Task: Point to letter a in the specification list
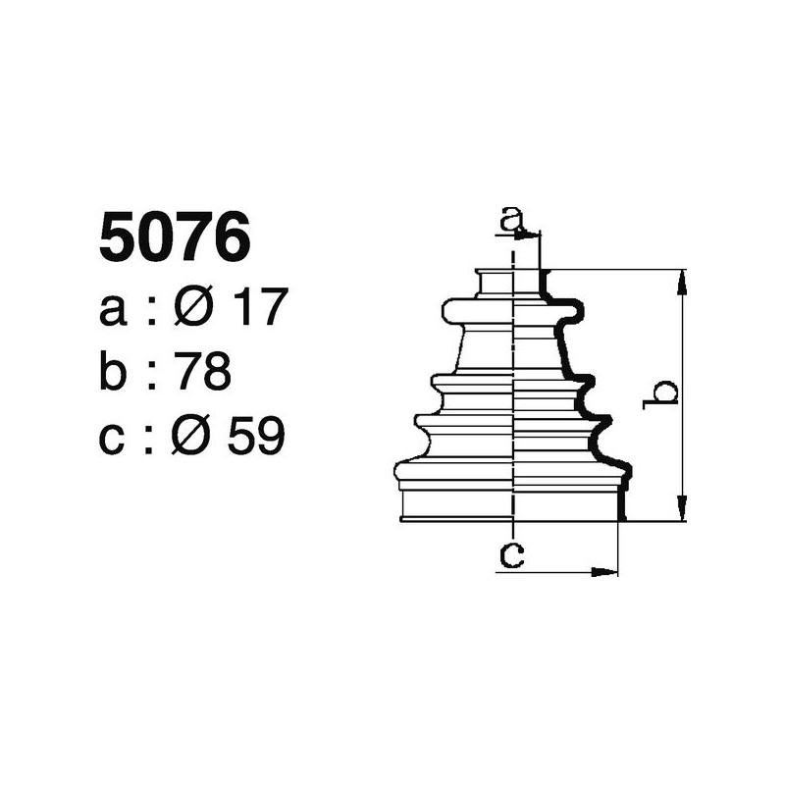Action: (114, 311)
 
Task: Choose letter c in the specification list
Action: (114, 438)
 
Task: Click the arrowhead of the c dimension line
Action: (609, 570)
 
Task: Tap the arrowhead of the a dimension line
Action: (534, 235)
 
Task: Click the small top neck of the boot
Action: (510, 282)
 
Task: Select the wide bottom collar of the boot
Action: (510, 502)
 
